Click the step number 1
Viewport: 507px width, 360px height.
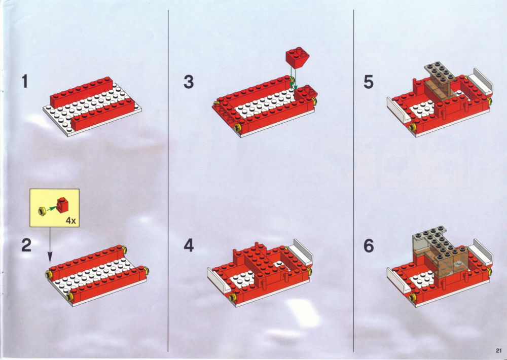(x=25, y=81)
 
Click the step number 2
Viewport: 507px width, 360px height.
(x=26, y=245)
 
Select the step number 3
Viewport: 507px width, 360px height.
(x=189, y=82)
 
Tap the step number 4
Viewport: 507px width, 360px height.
(x=189, y=245)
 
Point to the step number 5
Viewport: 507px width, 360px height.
(x=368, y=82)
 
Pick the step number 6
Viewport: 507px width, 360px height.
(x=369, y=246)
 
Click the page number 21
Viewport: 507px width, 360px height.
(x=498, y=350)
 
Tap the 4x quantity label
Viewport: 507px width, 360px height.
(x=70, y=221)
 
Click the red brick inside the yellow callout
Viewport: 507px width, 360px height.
(x=62, y=204)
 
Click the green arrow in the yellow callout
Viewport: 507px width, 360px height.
(x=51, y=208)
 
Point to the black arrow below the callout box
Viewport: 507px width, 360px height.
(x=50, y=244)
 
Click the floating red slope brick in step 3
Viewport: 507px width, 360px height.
(x=297, y=58)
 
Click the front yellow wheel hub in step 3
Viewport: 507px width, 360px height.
(x=239, y=127)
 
